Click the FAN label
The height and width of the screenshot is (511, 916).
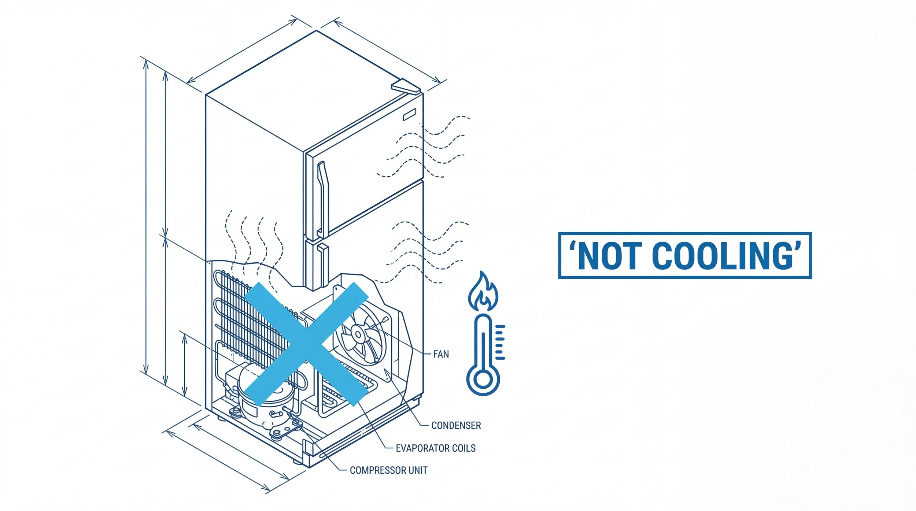pos(441,354)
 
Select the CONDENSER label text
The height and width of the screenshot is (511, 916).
pos(456,425)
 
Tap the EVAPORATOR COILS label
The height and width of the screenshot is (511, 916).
pos(435,448)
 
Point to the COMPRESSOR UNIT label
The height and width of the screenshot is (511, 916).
pos(388,470)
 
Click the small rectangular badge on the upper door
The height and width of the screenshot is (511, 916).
pos(410,115)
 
